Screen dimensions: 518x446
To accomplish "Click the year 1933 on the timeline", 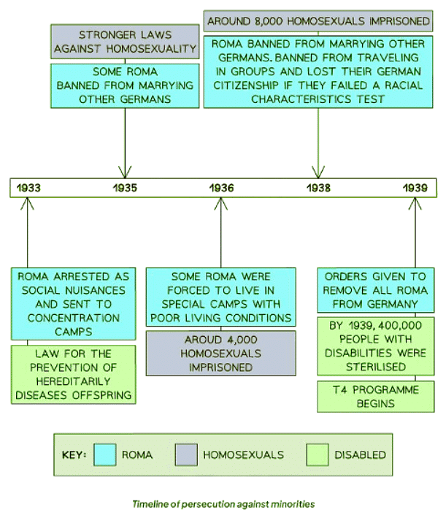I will click(29, 188).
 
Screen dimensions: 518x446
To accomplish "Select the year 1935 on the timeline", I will click(125, 188).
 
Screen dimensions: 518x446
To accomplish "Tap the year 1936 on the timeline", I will click(221, 188).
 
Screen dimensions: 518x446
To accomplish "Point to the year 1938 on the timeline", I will click(318, 188).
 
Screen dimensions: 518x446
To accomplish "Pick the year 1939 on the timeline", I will click(415, 188).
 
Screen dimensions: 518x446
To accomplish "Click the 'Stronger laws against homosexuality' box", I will click(126, 42).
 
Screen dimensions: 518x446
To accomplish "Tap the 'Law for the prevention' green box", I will click(73, 375).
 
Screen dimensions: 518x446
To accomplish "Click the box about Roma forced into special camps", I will click(220, 297).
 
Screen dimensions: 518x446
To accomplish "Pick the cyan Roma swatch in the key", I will click(103, 454).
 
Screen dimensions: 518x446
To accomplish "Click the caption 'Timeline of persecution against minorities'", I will click(223, 504).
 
